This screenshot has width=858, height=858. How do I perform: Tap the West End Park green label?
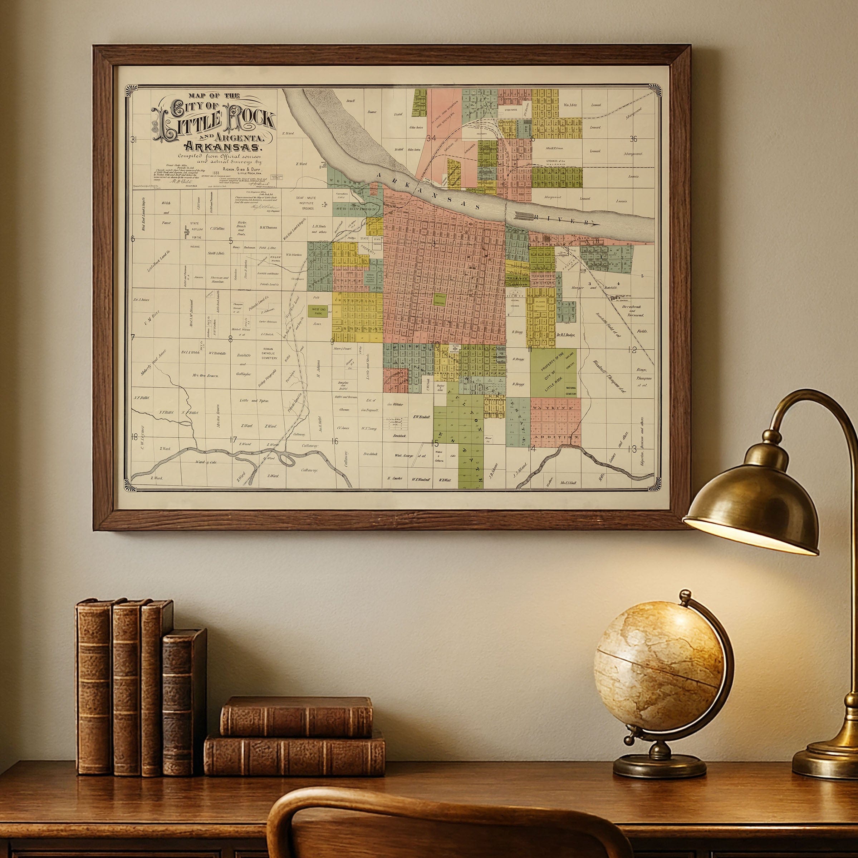319,311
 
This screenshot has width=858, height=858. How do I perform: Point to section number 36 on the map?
633,139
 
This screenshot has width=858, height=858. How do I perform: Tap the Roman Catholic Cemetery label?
269,354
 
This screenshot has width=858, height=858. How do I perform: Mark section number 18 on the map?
134,437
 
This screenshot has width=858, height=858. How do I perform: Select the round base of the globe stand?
660,764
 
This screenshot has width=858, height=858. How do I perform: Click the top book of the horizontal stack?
296,716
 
